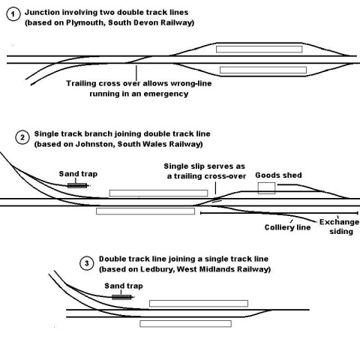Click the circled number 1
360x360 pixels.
[x=13, y=14]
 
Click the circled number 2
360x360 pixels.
[x=22, y=137]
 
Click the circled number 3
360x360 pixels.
[x=87, y=263]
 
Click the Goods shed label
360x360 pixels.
[x=278, y=175]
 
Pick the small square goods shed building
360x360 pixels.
[x=267, y=188]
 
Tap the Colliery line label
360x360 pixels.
[x=287, y=227]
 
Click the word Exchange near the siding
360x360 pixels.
[x=339, y=222]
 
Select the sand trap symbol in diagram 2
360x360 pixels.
[x=77, y=185]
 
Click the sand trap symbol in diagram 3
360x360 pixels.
[x=121, y=297]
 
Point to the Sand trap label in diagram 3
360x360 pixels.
[x=124, y=286]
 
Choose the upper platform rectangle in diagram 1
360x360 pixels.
[x=259, y=49]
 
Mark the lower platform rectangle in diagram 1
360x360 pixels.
[x=263, y=70]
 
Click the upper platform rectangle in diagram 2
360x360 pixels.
[x=158, y=193]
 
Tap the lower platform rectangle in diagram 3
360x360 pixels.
[x=185, y=324]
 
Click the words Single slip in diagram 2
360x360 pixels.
[x=183, y=166]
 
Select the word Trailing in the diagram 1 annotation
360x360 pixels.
[x=80, y=83]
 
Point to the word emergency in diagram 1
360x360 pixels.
[x=166, y=94]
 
